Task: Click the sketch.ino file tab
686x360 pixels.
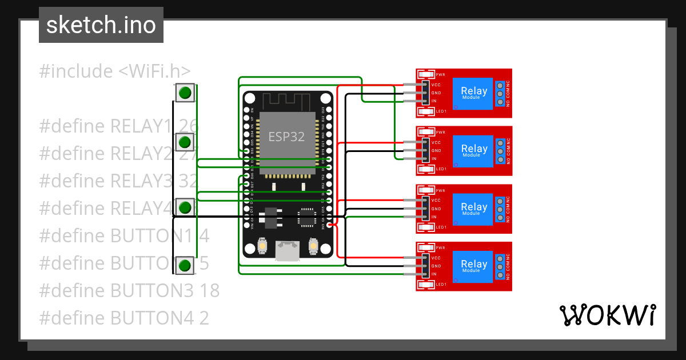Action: [101, 25]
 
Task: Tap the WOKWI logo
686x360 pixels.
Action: [607, 315]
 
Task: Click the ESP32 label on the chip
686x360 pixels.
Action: [286, 137]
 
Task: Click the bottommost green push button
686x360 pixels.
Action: [184, 265]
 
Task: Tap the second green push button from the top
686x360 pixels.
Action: [184, 142]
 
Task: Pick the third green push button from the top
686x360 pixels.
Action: [184, 207]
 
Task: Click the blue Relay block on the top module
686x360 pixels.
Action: [473, 93]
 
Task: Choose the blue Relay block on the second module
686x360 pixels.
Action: [473, 150]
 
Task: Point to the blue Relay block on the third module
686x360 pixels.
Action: [473, 209]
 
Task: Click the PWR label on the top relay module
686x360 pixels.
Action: [440, 75]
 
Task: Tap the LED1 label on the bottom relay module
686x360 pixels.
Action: [441, 284]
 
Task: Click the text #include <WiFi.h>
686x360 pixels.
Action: [114, 71]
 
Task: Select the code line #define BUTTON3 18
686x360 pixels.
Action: [129, 290]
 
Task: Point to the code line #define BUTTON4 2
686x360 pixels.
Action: [124, 318]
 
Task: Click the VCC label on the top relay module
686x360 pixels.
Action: [436, 85]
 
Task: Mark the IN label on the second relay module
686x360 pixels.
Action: [434, 158]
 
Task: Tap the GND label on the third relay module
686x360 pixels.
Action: [436, 209]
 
